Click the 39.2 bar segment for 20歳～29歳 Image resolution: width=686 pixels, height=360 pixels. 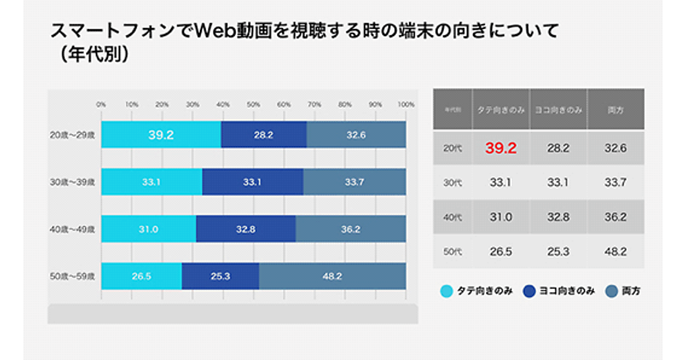pyautogui.click(x=161, y=135)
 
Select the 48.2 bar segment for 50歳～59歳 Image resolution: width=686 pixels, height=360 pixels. pyautogui.click(x=332, y=277)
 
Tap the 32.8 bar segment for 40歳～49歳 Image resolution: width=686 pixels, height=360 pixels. pyautogui.click(x=246, y=229)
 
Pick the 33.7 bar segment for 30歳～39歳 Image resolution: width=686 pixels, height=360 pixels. pyautogui.click(x=354, y=182)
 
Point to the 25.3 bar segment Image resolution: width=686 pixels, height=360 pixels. pyautogui.click(x=220, y=277)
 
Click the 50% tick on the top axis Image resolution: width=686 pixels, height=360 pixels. pyautogui.click(x=253, y=105)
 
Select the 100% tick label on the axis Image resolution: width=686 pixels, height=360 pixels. pyautogui.click(x=406, y=105)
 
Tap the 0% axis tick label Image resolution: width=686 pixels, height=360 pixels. pyautogui.click(x=101, y=105)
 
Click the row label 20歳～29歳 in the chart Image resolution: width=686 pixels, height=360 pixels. pyautogui.click(x=72, y=135)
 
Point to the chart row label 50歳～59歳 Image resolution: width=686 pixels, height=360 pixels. pyautogui.click(x=72, y=277)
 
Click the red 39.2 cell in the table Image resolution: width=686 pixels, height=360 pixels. pyautogui.click(x=501, y=148)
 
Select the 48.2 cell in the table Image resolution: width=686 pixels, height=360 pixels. pyautogui.click(x=615, y=251)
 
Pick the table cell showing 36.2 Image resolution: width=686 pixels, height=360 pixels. pyautogui.click(x=615, y=217)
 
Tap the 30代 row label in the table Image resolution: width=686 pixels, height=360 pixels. pyautogui.click(x=453, y=183)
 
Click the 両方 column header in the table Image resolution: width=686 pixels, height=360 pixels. pyautogui.click(x=615, y=109)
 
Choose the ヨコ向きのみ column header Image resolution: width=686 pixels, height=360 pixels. pyautogui.click(x=558, y=109)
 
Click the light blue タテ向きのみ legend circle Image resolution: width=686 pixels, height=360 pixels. pyautogui.click(x=446, y=291)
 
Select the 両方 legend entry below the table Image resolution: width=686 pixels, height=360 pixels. pyautogui.click(x=624, y=291)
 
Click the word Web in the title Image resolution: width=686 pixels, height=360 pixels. pyautogui.click(x=213, y=31)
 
